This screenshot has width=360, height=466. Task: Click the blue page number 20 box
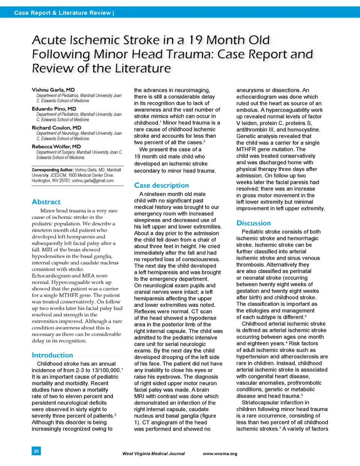point(36,451)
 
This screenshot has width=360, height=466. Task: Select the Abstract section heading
point(46,202)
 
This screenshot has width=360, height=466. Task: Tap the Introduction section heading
point(52,355)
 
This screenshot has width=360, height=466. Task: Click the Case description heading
point(161,185)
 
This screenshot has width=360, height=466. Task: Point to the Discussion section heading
point(253,223)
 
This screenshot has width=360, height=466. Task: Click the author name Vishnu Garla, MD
point(53,90)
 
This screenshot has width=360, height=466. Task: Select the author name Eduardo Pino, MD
point(54,109)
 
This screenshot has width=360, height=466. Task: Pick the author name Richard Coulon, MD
point(56,127)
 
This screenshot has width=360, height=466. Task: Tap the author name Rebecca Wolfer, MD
point(56,147)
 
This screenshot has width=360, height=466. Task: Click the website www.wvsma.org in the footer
point(220,454)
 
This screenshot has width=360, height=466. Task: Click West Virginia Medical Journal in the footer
point(153,454)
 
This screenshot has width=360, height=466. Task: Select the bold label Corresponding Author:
point(52,170)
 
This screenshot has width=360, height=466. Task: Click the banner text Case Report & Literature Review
point(63,13)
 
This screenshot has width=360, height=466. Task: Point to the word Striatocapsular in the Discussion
point(262,403)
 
